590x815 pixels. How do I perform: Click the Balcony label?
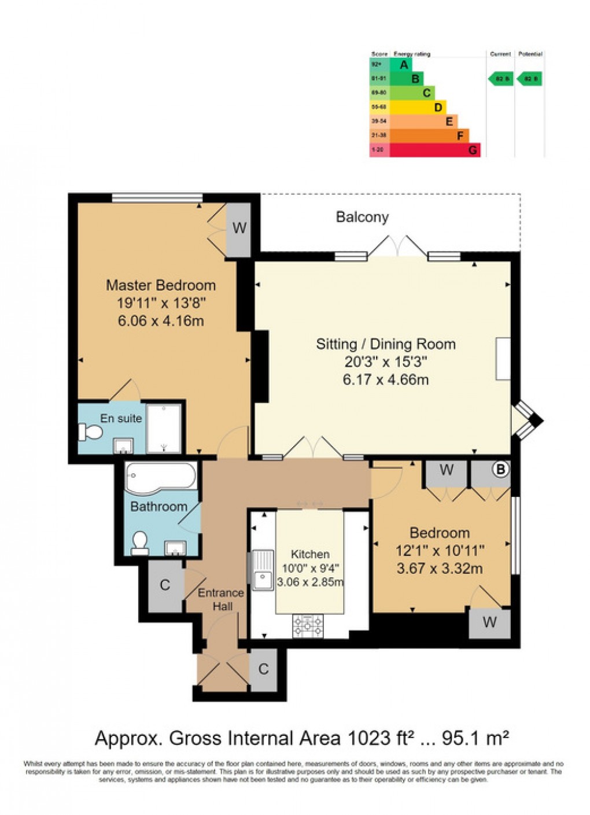(362, 217)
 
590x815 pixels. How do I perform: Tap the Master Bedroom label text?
(161, 285)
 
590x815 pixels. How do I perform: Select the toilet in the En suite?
(91, 432)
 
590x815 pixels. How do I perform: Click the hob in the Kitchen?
(308, 625)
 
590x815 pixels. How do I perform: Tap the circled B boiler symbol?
(500, 470)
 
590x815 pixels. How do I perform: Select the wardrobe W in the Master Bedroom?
(239, 228)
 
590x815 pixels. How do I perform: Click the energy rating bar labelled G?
(425, 150)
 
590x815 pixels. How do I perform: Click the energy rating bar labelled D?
(408, 107)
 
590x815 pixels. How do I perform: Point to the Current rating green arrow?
(500, 79)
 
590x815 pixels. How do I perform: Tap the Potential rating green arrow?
(530, 79)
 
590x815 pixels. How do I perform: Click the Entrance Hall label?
(221, 599)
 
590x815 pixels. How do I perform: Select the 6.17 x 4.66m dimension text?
(385, 380)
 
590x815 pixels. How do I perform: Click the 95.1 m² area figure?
(475, 739)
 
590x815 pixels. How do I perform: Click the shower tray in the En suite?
(164, 429)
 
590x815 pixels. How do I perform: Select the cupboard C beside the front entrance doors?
(264, 669)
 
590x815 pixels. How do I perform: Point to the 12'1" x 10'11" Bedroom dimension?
(440, 551)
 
